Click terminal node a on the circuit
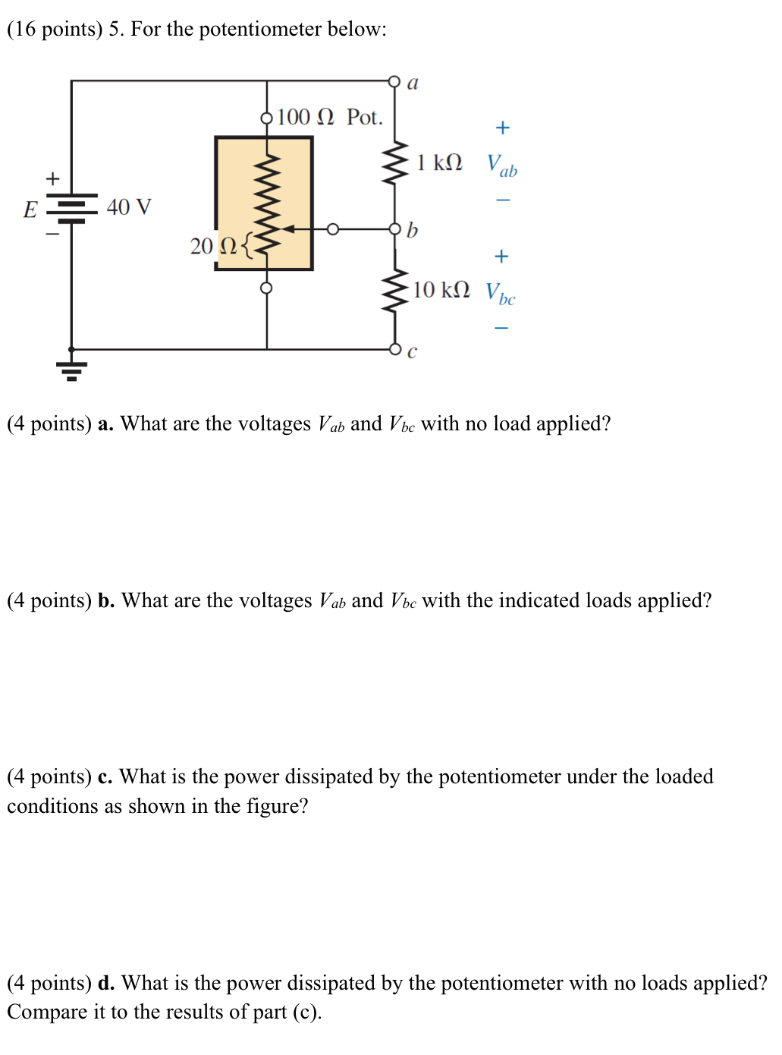click(394, 81)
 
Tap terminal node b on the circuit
click(394, 229)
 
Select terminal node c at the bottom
click(394, 349)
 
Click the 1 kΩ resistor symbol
click(394, 162)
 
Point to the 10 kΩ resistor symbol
click(394, 291)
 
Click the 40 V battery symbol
click(71, 207)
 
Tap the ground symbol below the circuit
click(71, 370)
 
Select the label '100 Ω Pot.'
click(330, 117)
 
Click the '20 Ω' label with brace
click(220, 246)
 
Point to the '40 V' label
click(129, 207)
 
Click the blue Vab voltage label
click(501, 165)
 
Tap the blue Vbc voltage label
click(500, 293)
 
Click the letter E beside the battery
click(30, 209)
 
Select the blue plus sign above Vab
click(502, 128)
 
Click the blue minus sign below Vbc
click(501, 328)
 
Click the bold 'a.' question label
click(105, 424)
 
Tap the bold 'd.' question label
click(106, 983)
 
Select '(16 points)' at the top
click(55, 29)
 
